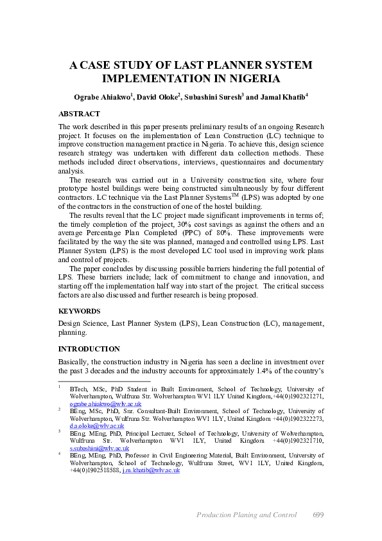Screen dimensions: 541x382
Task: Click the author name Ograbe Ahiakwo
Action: [101, 97]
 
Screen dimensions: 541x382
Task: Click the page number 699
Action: [319, 515]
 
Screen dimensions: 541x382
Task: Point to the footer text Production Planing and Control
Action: [247, 515]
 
